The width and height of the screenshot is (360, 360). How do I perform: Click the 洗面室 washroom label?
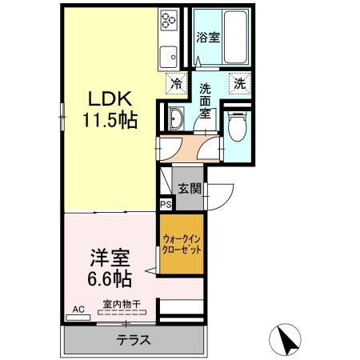click(206, 101)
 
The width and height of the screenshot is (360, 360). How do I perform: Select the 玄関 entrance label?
click(190, 189)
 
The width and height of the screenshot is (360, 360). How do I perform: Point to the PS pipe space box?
click(166, 205)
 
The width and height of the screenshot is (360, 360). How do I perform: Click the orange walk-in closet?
click(182, 244)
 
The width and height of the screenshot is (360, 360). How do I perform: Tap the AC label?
click(78, 309)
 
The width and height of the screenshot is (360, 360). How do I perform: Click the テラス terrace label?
click(134, 339)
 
